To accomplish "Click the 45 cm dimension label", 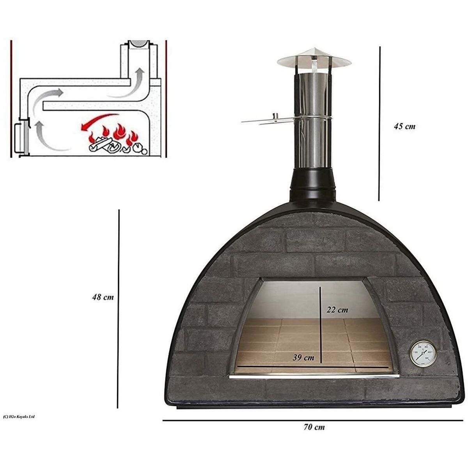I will tap(404, 126).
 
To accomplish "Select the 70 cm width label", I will tap(314, 427).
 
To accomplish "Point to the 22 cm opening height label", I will tap(337, 310).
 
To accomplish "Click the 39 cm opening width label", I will tap(303, 357).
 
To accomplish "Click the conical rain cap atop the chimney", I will tap(314, 58).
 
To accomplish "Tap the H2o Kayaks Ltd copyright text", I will tap(19, 417).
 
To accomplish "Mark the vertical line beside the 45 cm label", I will tap(379, 123).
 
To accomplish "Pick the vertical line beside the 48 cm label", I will tap(119, 308).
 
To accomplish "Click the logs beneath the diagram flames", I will tap(103, 146).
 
